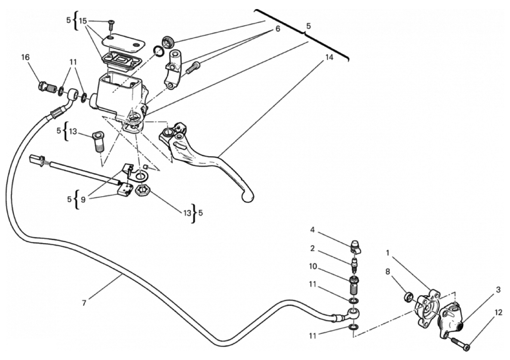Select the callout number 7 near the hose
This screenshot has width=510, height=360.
coord(84,303)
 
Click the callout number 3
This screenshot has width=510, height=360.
coord(498,290)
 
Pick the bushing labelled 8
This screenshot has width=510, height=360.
coord(409,297)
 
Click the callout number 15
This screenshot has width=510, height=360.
coord(83,20)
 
